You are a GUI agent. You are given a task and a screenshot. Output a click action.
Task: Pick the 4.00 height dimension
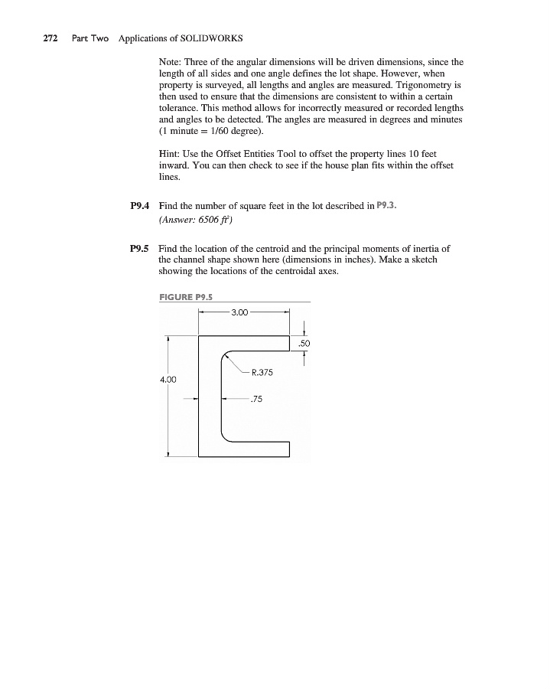click(168, 378)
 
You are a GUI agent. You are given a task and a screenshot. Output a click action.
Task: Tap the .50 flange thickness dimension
click(304, 344)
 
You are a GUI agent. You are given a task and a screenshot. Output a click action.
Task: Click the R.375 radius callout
click(262, 373)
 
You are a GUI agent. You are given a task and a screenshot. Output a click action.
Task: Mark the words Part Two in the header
click(90, 38)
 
